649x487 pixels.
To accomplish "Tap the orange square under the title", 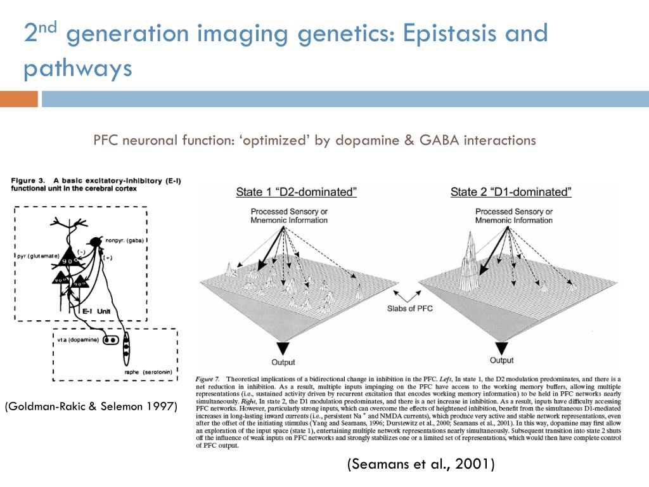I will click(x=18, y=99).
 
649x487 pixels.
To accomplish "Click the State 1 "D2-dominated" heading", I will click(x=296, y=192).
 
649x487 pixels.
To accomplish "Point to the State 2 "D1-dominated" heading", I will click(x=511, y=192).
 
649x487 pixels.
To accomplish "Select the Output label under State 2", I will click(x=501, y=360).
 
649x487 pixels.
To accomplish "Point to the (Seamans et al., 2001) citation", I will click(x=420, y=465).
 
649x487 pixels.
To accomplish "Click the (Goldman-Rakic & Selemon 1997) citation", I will click(x=91, y=406).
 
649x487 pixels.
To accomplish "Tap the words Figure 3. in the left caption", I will click(x=28, y=181).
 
